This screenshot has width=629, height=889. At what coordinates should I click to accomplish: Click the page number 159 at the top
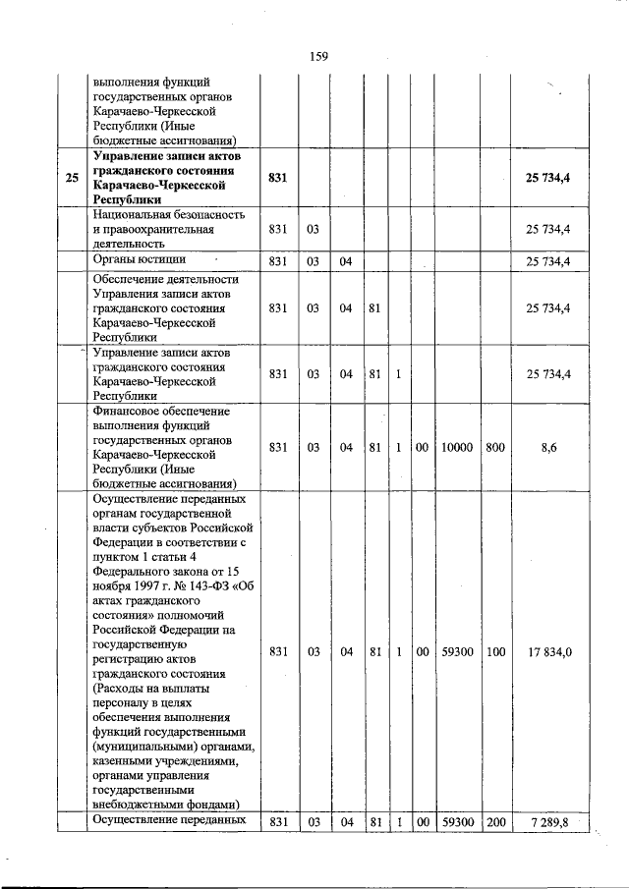317,56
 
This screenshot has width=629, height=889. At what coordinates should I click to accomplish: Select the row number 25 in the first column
72,178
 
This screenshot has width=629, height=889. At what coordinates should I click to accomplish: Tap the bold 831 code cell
278,178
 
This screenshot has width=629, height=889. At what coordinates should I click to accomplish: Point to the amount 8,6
549,446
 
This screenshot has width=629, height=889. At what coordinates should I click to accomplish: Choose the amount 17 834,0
549,650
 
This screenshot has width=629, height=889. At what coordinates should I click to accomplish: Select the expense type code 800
495,446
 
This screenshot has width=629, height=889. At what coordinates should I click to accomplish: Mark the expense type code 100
495,650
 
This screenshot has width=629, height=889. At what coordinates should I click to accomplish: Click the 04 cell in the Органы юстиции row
346,261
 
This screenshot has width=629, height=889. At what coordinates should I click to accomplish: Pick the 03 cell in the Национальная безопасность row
313,229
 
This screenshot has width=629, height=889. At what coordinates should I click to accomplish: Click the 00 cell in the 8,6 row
422,446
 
